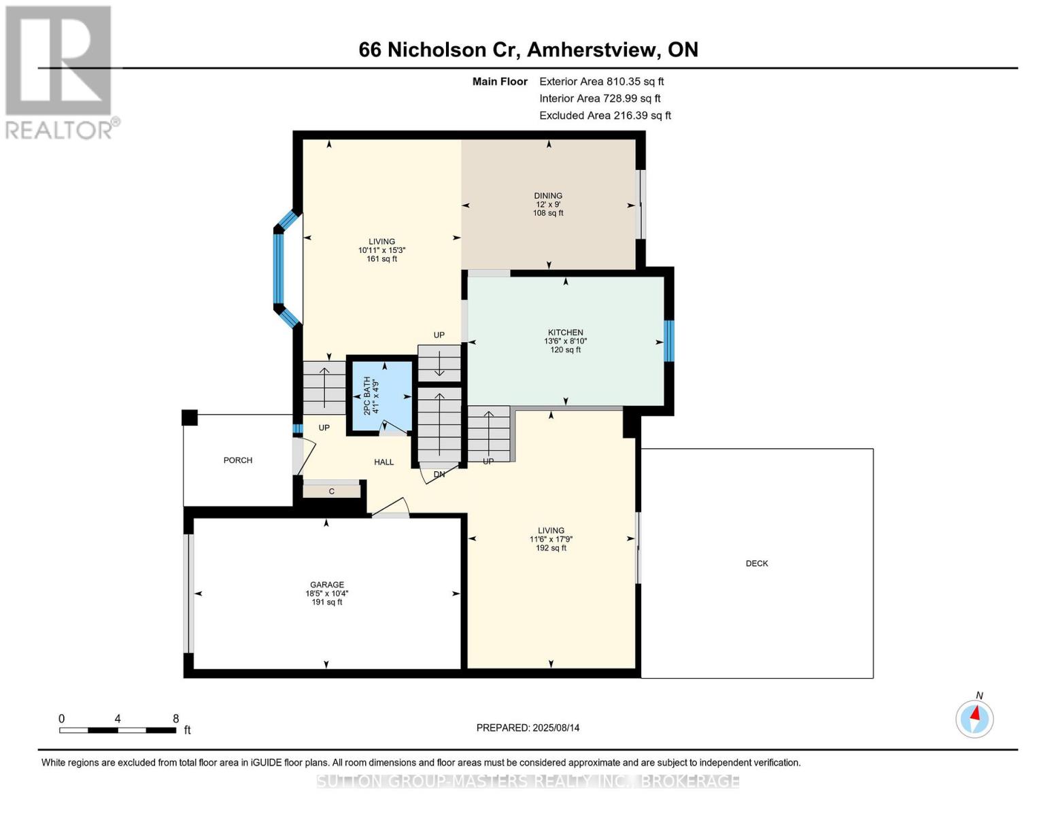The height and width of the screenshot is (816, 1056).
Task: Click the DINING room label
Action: (x=548, y=196)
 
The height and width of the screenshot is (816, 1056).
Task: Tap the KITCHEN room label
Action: (x=565, y=333)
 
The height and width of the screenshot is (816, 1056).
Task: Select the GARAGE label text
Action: (x=327, y=585)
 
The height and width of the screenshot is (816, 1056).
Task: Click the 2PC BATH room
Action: (x=380, y=396)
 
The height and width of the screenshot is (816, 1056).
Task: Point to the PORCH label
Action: (x=238, y=460)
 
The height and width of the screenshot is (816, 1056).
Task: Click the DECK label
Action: (x=757, y=563)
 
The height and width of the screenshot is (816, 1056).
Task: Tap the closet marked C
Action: (x=332, y=491)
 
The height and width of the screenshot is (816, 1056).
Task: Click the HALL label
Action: (x=384, y=462)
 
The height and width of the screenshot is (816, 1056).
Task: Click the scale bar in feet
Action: (x=118, y=730)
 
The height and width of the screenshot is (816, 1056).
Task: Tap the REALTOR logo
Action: (x=60, y=71)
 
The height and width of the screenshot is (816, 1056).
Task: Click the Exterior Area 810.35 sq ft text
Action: (x=601, y=82)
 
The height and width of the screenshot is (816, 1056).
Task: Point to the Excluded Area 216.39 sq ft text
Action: (x=604, y=116)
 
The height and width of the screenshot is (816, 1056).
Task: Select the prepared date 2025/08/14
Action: (x=528, y=728)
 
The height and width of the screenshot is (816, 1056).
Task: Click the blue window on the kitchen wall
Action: (x=669, y=341)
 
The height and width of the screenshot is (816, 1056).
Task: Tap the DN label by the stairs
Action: (x=439, y=475)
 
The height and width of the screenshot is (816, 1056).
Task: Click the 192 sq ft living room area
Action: (x=551, y=548)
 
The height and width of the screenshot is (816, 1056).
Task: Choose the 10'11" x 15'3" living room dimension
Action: (x=382, y=250)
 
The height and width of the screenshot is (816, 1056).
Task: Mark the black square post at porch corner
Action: (x=190, y=417)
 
